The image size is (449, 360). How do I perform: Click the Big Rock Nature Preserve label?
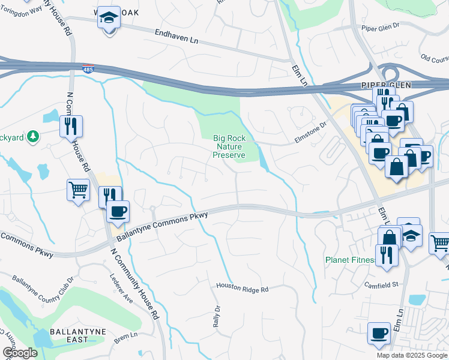pos(229,146)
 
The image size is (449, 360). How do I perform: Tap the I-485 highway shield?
pos(88,69)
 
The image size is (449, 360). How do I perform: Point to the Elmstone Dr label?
pos(310,132)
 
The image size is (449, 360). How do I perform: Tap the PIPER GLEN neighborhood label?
pos(385,85)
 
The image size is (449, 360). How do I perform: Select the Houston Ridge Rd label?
pos(243,288)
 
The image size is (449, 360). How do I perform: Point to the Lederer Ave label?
pos(121,287)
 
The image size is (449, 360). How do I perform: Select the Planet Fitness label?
pos(349,260)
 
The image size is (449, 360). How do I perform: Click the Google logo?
pos(19,353)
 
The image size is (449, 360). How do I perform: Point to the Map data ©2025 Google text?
pos(411,355)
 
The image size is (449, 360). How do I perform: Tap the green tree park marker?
pos(34,137)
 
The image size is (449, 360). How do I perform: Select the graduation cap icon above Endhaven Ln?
pos(109,19)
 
